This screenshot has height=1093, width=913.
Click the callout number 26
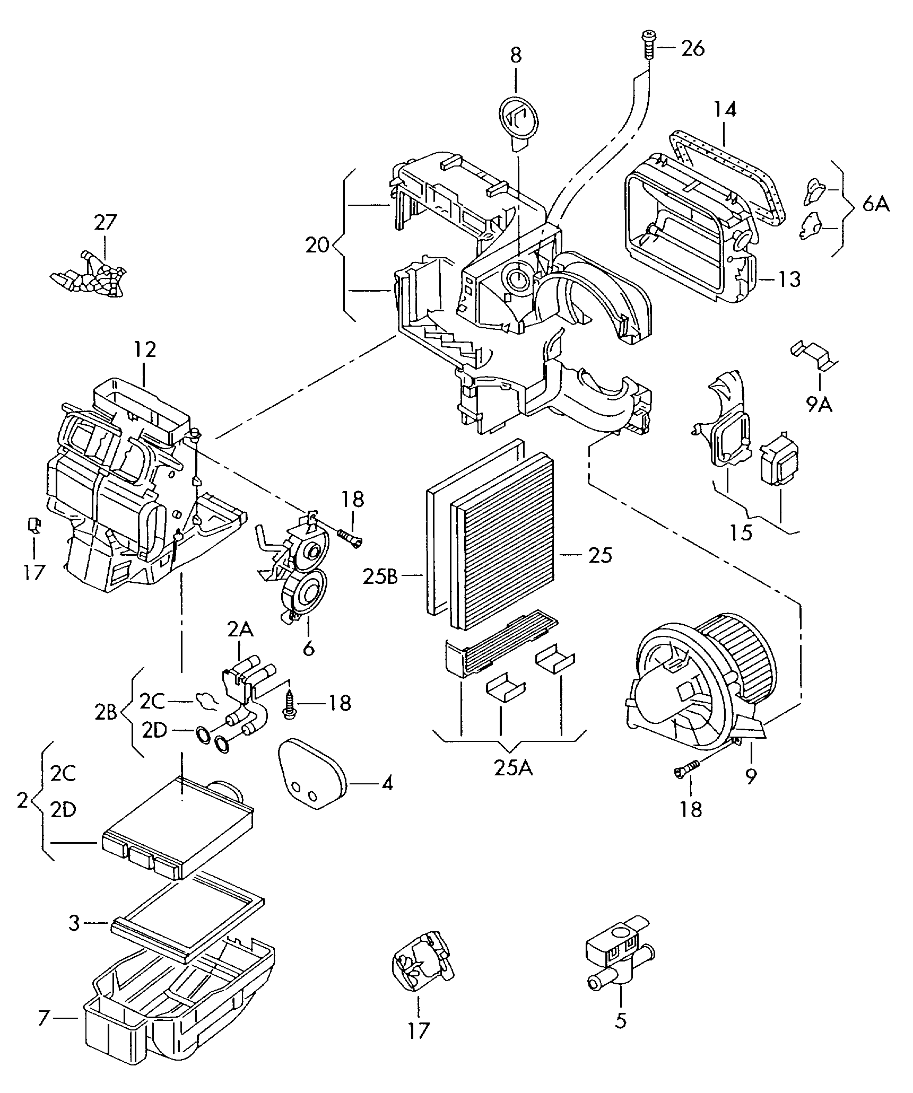tap(693, 49)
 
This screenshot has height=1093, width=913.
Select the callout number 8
tap(516, 56)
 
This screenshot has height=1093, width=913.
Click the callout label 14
tap(725, 110)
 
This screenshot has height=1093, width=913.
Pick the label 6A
tap(875, 204)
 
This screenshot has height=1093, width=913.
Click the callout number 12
tap(145, 351)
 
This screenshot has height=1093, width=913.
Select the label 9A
tap(820, 405)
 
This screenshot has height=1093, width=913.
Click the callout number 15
tap(741, 532)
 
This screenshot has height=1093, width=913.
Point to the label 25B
tap(380, 576)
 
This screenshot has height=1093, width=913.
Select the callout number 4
tap(387, 783)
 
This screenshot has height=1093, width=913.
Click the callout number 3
tap(74, 923)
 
